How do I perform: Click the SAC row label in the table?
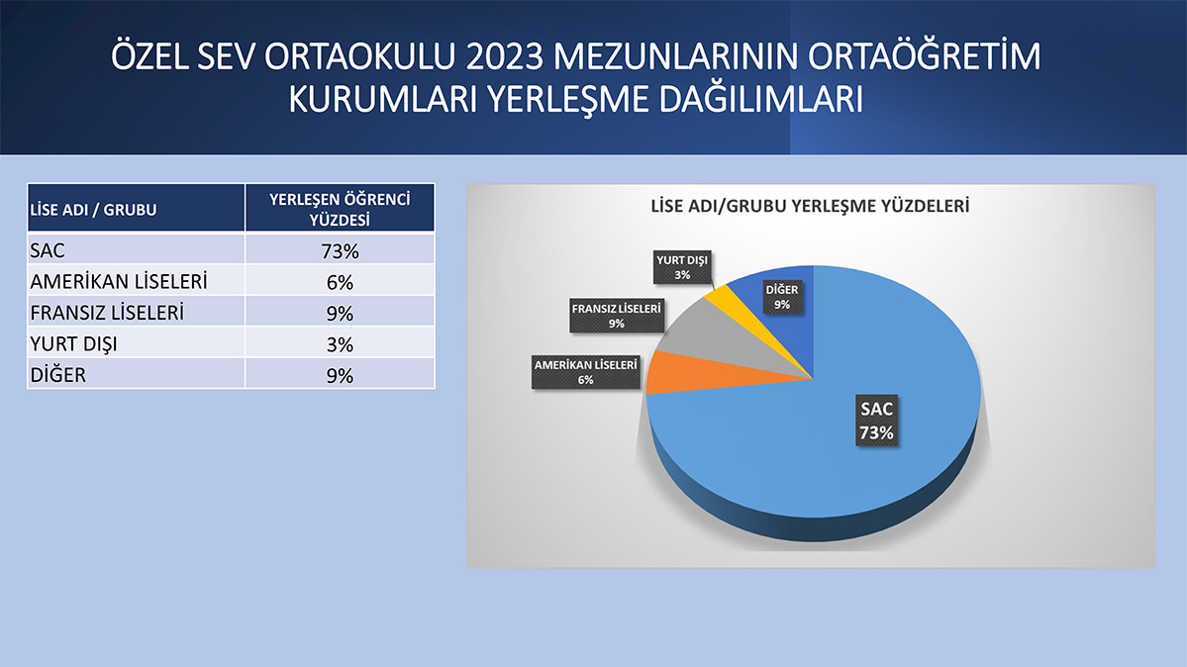coord(48,250)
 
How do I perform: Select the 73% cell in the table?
coord(340,251)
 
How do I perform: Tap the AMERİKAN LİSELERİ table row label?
coord(119,282)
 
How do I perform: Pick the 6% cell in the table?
coord(340,282)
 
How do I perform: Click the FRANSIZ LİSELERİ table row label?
coord(107,313)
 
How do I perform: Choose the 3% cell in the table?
coord(340,344)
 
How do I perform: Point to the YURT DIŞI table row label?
coord(74,344)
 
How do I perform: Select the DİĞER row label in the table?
coord(58,375)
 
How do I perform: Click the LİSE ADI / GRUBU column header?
coord(93,210)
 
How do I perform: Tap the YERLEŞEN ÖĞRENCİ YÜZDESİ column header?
coord(340,209)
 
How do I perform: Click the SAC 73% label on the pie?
coord(876,421)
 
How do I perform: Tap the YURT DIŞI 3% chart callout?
coord(682,267)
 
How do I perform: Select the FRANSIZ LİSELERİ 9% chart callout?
coord(616,316)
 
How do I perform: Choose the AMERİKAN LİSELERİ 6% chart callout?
coord(586,372)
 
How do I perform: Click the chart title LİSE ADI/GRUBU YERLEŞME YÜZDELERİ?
coord(810,206)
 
